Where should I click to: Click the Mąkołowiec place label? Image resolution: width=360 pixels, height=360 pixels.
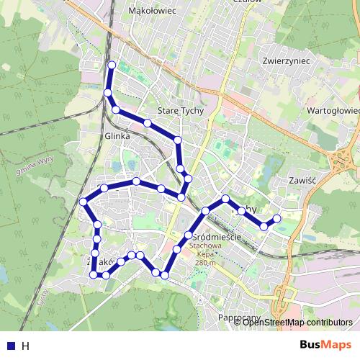click(x=152, y=11)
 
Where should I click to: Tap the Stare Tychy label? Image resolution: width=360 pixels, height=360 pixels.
click(x=181, y=111)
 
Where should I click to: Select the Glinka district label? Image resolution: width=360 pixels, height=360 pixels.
click(x=117, y=135)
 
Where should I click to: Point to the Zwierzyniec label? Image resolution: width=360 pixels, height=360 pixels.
click(x=287, y=61)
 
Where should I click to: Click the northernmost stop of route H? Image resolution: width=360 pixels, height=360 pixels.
click(x=112, y=66)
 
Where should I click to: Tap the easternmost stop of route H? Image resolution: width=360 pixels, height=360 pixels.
click(x=277, y=217)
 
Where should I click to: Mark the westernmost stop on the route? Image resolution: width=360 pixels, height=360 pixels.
click(x=83, y=202)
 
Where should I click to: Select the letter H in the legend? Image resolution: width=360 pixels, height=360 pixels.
click(x=25, y=345)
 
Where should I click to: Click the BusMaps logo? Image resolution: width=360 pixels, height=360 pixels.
click(x=325, y=344)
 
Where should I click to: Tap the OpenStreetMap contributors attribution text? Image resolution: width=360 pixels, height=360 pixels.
click(x=298, y=322)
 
